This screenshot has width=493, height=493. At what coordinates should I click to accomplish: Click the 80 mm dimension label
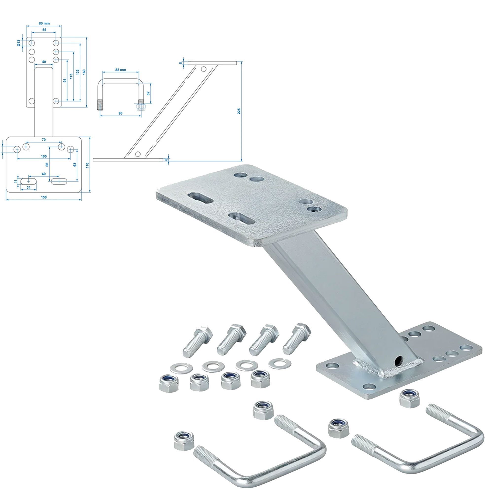[44, 23]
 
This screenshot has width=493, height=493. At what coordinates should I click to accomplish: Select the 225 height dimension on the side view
[239, 111]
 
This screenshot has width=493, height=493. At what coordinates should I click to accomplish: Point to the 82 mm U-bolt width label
[121, 70]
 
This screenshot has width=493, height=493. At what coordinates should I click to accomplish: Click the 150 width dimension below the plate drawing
[44, 197]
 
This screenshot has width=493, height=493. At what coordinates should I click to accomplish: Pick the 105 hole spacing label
[44, 156]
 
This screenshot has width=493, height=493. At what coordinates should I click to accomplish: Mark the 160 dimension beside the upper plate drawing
[84, 72]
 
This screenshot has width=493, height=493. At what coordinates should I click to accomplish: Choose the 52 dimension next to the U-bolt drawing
[148, 93]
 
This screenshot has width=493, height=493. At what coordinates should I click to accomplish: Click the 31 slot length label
[28, 187]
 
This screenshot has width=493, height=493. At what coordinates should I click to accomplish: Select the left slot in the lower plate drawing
[29, 181]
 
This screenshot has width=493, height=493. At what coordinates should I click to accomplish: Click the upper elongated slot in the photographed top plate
[200, 198]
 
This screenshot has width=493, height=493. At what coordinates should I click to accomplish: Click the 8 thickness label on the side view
[181, 63]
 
